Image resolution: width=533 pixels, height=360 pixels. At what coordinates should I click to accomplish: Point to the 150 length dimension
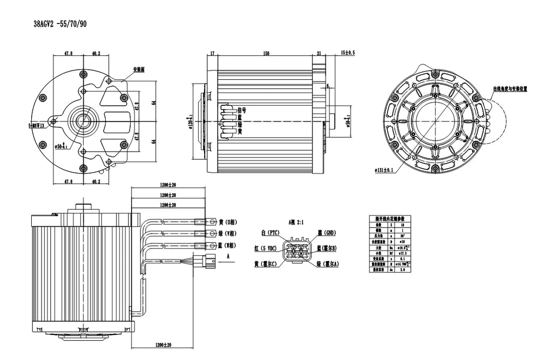pyautogui.click(x=266, y=53)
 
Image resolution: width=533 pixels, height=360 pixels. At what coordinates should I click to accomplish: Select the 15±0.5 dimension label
pyautogui.click(x=347, y=53)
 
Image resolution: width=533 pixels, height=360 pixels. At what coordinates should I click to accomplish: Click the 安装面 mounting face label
pyautogui.click(x=138, y=69)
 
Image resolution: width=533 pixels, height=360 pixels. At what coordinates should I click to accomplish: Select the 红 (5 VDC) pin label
pyautogui.click(x=265, y=248)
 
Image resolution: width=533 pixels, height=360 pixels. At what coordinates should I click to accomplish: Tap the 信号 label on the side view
pyautogui.click(x=241, y=110)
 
